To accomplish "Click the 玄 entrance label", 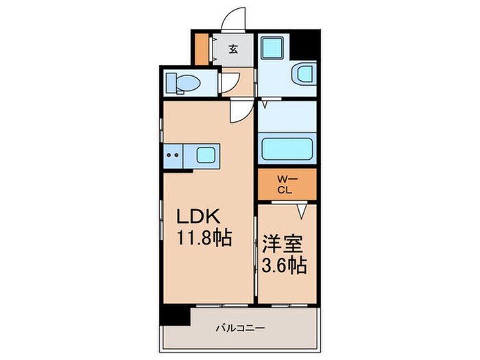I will tap(234, 49).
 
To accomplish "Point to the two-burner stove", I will tap(173, 155).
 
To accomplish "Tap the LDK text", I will tap(199, 216).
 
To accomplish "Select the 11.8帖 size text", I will tap(204, 239).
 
